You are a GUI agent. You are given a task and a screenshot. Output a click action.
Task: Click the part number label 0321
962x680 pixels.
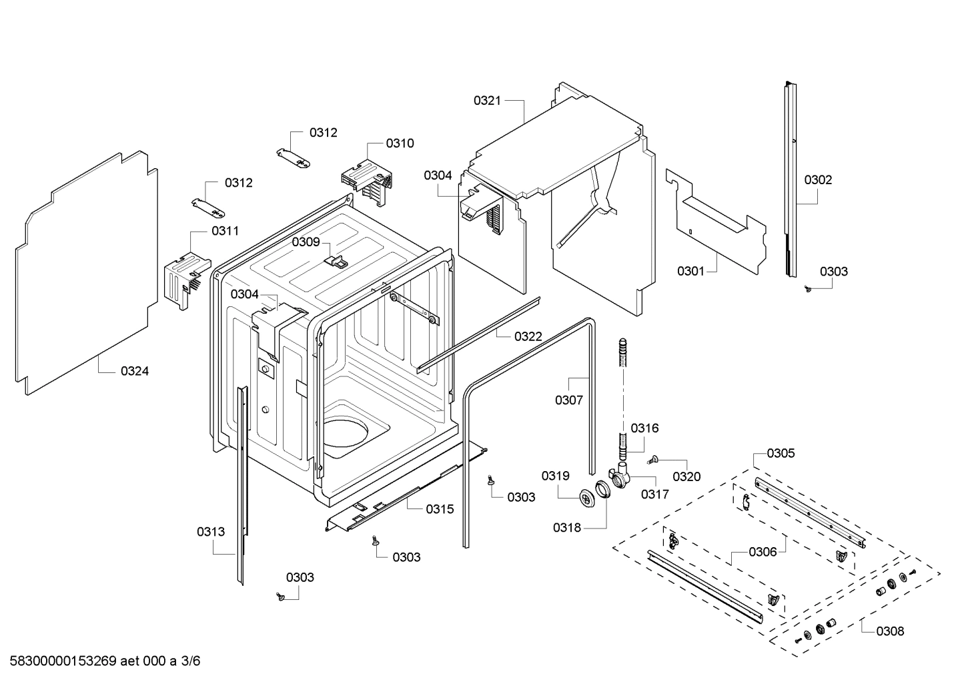point(487,101)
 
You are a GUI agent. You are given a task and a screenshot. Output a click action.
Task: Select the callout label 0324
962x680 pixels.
point(135,372)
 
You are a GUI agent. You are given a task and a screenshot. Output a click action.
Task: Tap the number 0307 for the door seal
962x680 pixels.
point(568,400)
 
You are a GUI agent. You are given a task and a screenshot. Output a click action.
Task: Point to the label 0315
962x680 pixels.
point(440,509)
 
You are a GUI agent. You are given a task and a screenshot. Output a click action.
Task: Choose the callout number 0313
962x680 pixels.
point(210,532)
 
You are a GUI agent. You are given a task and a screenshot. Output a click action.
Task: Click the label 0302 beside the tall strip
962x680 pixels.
point(818,180)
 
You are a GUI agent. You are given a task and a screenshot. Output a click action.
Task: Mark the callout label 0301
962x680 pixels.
point(691,271)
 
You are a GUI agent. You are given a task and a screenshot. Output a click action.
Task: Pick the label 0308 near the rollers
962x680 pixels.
point(890,631)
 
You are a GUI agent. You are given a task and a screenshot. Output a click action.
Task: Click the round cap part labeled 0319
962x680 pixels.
point(587,498)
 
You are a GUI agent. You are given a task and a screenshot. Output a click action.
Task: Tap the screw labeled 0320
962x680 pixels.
point(653,459)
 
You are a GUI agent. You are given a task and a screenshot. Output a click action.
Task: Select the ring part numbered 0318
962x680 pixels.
point(603,490)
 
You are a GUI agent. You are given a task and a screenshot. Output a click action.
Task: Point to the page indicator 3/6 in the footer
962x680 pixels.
point(191,661)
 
